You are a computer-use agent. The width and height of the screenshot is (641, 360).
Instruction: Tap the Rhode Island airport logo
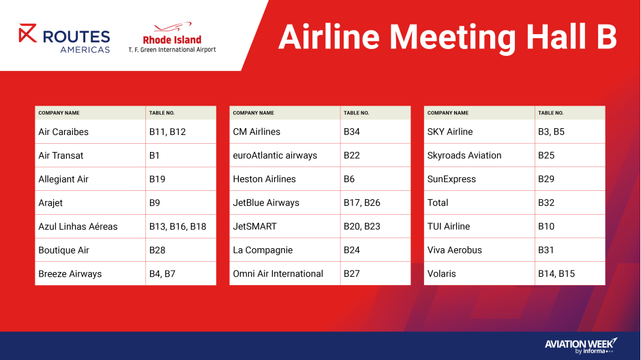click(x=172, y=38)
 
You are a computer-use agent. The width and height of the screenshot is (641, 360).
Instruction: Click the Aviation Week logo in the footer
click(x=580, y=346)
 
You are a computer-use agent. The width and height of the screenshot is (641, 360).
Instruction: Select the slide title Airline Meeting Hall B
click(x=447, y=37)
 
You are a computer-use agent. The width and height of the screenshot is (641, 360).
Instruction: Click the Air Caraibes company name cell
click(x=63, y=132)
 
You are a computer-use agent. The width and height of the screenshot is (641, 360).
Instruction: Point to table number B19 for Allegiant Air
click(x=158, y=179)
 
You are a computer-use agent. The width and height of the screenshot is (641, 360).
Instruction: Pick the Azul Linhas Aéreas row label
click(x=78, y=226)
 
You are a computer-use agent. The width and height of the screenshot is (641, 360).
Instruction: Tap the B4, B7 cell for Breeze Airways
click(x=162, y=273)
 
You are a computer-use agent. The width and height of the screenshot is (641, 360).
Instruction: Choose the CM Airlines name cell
click(x=256, y=132)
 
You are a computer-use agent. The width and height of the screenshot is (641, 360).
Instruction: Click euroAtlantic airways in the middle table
click(x=275, y=155)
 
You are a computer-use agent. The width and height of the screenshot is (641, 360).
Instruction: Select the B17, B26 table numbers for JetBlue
click(x=361, y=202)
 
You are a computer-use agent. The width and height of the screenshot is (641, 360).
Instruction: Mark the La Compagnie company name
click(x=263, y=250)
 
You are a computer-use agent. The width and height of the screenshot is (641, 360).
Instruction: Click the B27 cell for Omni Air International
click(x=352, y=273)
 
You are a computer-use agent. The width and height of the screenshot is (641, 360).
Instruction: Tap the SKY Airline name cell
click(x=450, y=132)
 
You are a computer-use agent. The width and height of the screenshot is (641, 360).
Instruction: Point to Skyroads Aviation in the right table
click(x=464, y=155)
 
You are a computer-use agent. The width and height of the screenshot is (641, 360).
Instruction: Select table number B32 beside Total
click(x=546, y=202)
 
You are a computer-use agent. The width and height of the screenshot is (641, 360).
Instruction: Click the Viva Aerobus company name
click(x=454, y=250)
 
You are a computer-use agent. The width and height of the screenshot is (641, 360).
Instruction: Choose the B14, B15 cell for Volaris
click(x=556, y=273)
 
